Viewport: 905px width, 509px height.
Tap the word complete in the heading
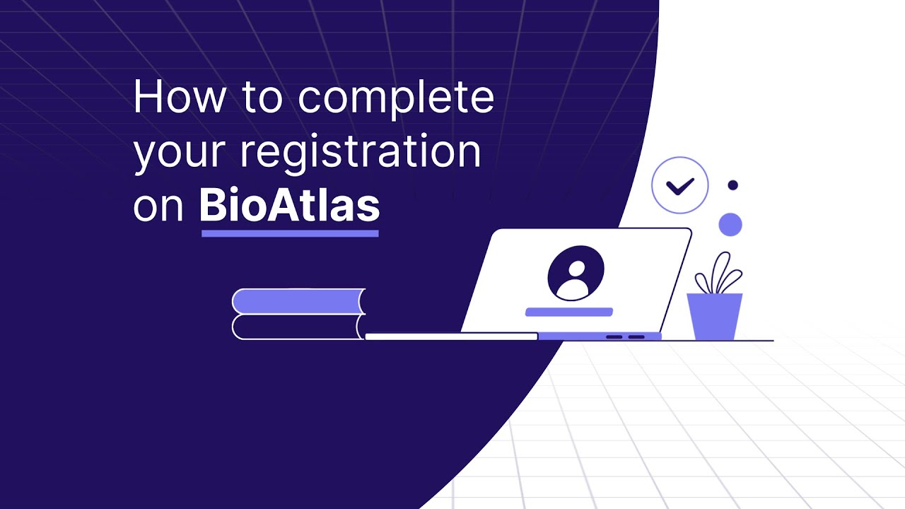pyautogui.click(x=395, y=99)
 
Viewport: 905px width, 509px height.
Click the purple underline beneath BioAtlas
pyautogui.click(x=290, y=233)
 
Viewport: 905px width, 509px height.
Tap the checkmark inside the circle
pyautogui.click(x=680, y=186)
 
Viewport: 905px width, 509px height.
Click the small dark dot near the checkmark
pyautogui.click(x=732, y=185)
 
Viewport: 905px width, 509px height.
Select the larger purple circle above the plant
pyautogui.click(x=730, y=225)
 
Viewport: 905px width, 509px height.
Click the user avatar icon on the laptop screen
pyautogui.click(x=576, y=274)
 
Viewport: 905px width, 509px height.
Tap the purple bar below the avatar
pyautogui.click(x=569, y=312)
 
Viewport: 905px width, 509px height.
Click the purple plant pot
pyautogui.click(x=715, y=316)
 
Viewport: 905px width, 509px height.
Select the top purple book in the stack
pyautogui.click(x=297, y=301)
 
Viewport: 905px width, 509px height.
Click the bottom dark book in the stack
pyautogui.click(x=297, y=327)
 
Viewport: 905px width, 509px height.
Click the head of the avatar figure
pyautogui.click(x=576, y=268)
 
